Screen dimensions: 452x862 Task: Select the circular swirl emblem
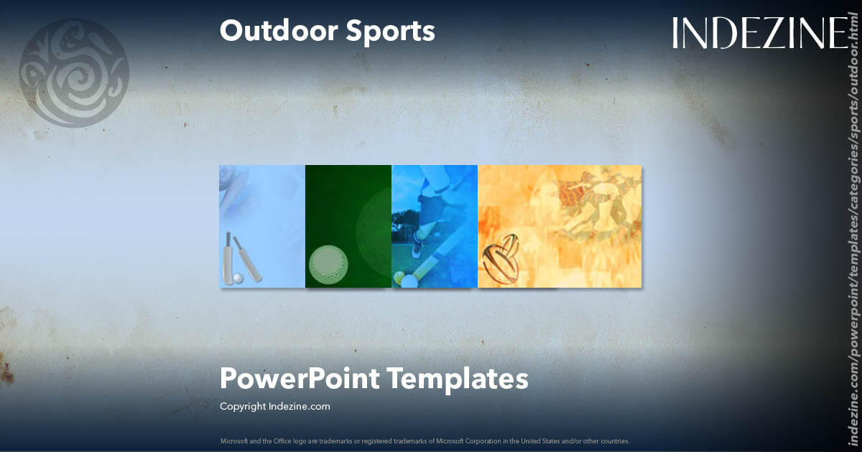pyautogui.click(x=74, y=72)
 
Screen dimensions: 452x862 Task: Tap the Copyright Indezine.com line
pyautogui.click(x=274, y=406)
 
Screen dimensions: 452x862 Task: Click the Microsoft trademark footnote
pyautogui.click(x=425, y=441)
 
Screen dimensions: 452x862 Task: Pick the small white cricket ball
pyautogui.click(x=238, y=277)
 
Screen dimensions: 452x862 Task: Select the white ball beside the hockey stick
pyautogui.click(x=409, y=281)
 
